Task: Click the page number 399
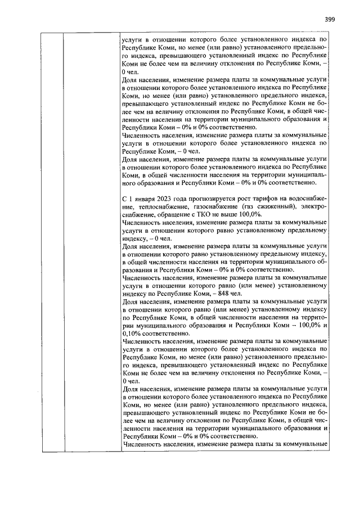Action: [x=330, y=19]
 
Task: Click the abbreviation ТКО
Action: [x=219, y=215]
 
